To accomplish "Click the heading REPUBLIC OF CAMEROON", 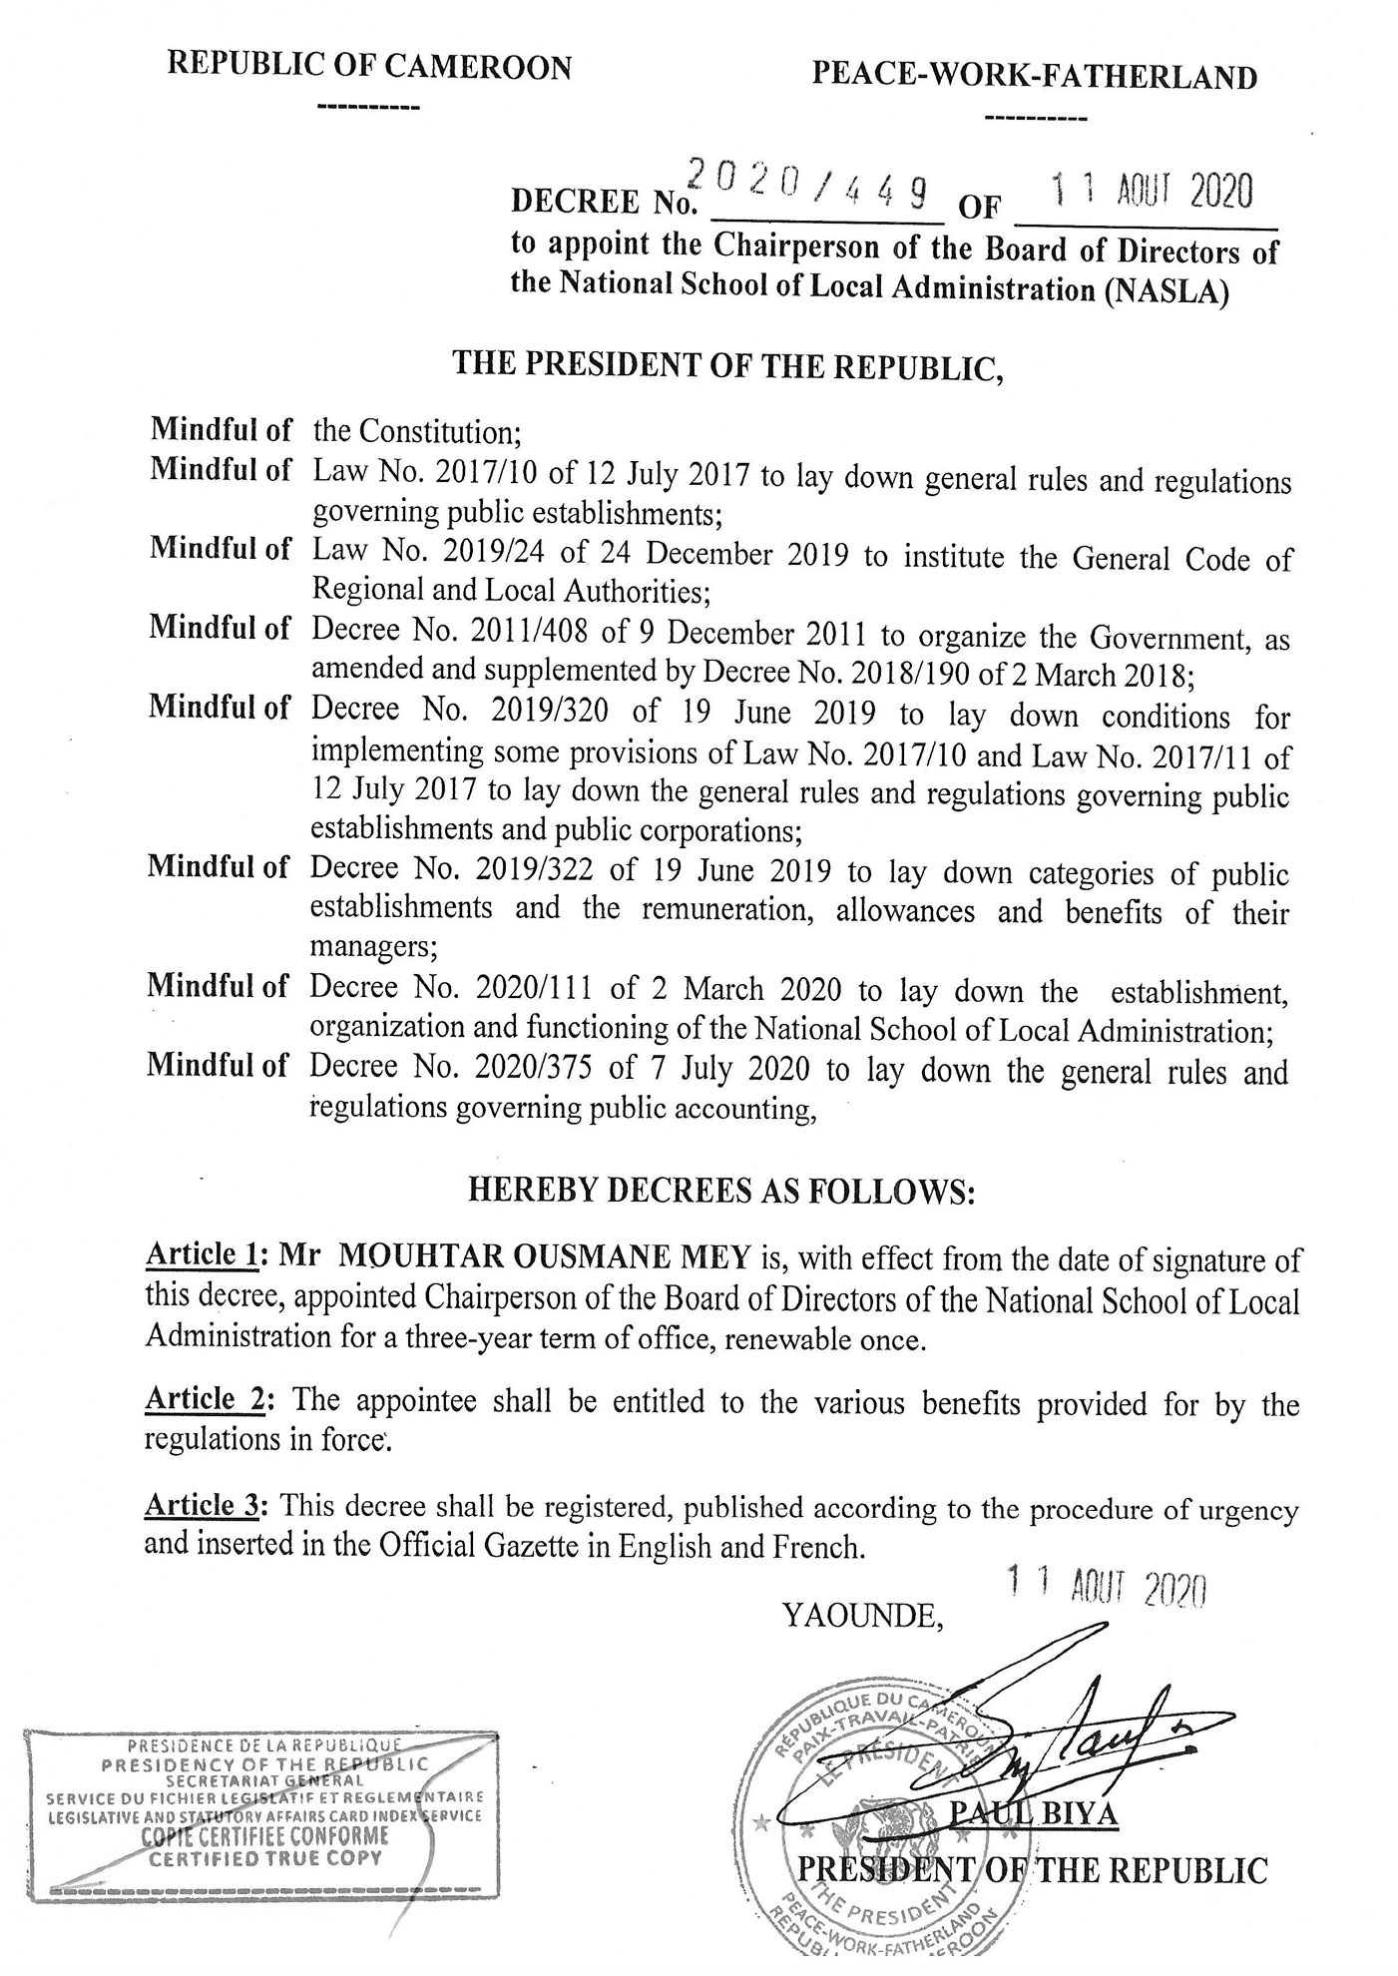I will [x=369, y=67].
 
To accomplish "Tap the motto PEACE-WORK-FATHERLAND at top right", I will [x=1035, y=77].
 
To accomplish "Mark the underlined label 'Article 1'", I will [x=203, y=1255].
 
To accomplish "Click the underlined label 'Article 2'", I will [x=205, y=1398].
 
